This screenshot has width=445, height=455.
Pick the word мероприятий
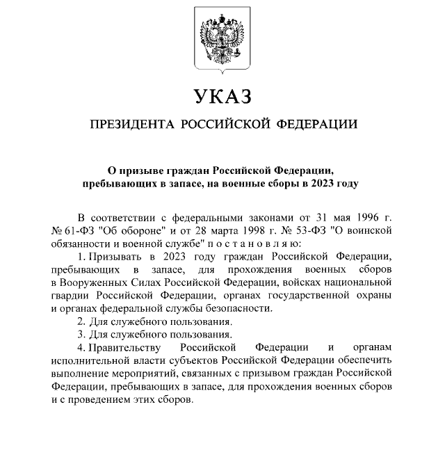point(147,373)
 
